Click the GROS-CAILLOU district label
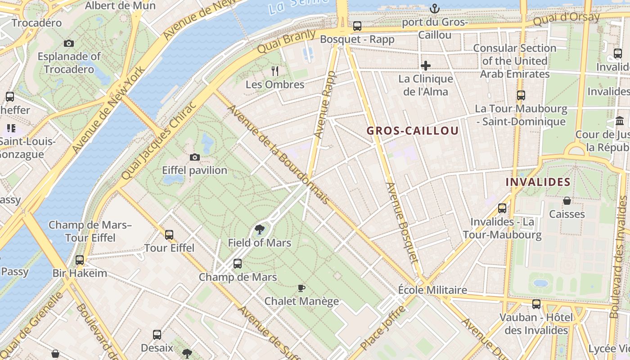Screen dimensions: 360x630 point(412,131)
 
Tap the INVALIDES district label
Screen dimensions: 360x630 point(538,182)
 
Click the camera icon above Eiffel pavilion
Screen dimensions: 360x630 point(195,157)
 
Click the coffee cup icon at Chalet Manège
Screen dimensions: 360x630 point(301,288)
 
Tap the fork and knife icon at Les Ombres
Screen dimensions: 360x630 point(275,71)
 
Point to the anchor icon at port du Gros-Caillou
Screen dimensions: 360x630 point(434,8)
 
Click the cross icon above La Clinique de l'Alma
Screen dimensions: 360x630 point(425,66)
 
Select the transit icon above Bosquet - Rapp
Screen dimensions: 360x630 point(357,26)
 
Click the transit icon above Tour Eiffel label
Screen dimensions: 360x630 point(169,234)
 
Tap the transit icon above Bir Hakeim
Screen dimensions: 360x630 point(80,260)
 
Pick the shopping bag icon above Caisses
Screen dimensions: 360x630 point(567,200)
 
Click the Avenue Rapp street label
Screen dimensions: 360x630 point(325,105)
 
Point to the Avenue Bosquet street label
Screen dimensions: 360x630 point(402,222)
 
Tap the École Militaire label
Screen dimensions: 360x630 point(432,290)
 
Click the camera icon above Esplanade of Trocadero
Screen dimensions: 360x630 point(69,43)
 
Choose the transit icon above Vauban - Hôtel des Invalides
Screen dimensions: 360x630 point(536,304)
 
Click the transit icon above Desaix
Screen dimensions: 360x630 point(157,334)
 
